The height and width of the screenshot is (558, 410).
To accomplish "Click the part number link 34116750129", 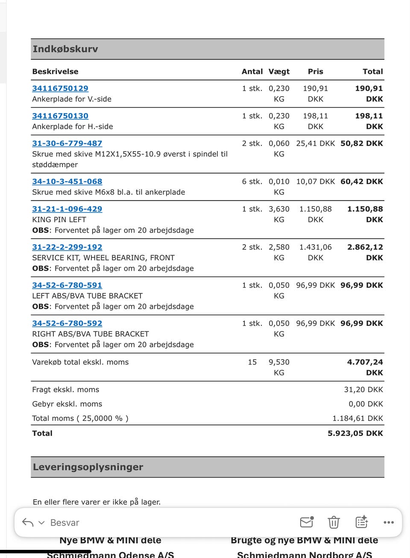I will tap(60, 89).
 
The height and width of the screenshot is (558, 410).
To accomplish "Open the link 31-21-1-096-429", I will tap(67, 209).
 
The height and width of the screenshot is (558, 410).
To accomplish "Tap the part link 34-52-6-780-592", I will tap(67, 323).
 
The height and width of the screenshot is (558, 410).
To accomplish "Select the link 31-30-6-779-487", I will tap(67, 143).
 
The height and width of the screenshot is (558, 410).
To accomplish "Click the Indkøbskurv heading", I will tap(65, 49).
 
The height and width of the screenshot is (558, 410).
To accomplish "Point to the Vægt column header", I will tap(279, 71).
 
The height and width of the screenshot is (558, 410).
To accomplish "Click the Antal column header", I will tap(252, 71).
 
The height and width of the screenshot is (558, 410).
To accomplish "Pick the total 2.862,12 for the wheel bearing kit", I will tap(365, 247).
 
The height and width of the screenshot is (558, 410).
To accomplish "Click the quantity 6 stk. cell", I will tap(252, 181).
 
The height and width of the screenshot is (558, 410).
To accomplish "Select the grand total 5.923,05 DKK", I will tap(355, 433).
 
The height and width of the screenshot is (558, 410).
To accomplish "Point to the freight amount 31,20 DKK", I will tap(363, 390).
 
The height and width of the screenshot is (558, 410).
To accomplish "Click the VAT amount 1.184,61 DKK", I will tap(357, 418).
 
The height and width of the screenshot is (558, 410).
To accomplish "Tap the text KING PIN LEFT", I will tap(59, 219).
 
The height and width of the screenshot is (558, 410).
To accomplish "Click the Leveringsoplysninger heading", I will tap(88, 467).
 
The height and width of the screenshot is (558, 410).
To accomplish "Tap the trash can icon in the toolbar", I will tap(334, 522).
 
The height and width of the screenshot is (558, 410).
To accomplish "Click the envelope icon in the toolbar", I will tap(307, 522).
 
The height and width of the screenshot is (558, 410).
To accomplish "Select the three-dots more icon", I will tap(389, 522).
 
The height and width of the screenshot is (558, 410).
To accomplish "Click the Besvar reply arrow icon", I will tap(28, 523).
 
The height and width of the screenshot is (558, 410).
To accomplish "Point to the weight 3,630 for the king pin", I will tap(279, 209).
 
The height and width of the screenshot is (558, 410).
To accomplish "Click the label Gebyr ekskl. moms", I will tap(67, 404).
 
